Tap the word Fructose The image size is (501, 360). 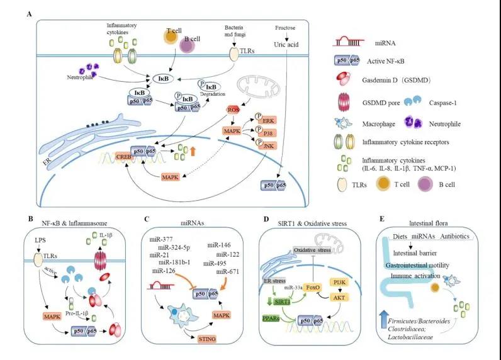[x=287, y=28]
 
